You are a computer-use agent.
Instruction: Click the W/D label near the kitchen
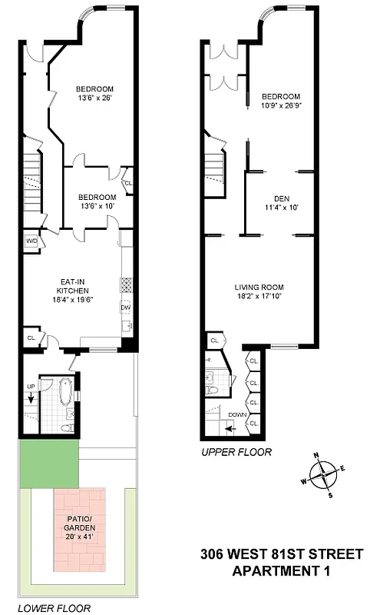click(x=31, y=241)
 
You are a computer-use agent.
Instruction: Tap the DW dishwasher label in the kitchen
click(x=124, y=308)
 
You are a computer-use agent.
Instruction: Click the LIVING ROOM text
click(x=264, y=288)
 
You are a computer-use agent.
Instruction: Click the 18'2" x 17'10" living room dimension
click(x=264, y=298)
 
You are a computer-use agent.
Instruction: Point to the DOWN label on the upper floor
click(x=237, y=414)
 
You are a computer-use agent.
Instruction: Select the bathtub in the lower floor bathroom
click(x=66, y=392)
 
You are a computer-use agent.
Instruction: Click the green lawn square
click(x=49, y=466)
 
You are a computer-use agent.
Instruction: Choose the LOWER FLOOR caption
click(x=54, y=608)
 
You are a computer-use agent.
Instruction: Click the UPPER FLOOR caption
click(x=236, y=453)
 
